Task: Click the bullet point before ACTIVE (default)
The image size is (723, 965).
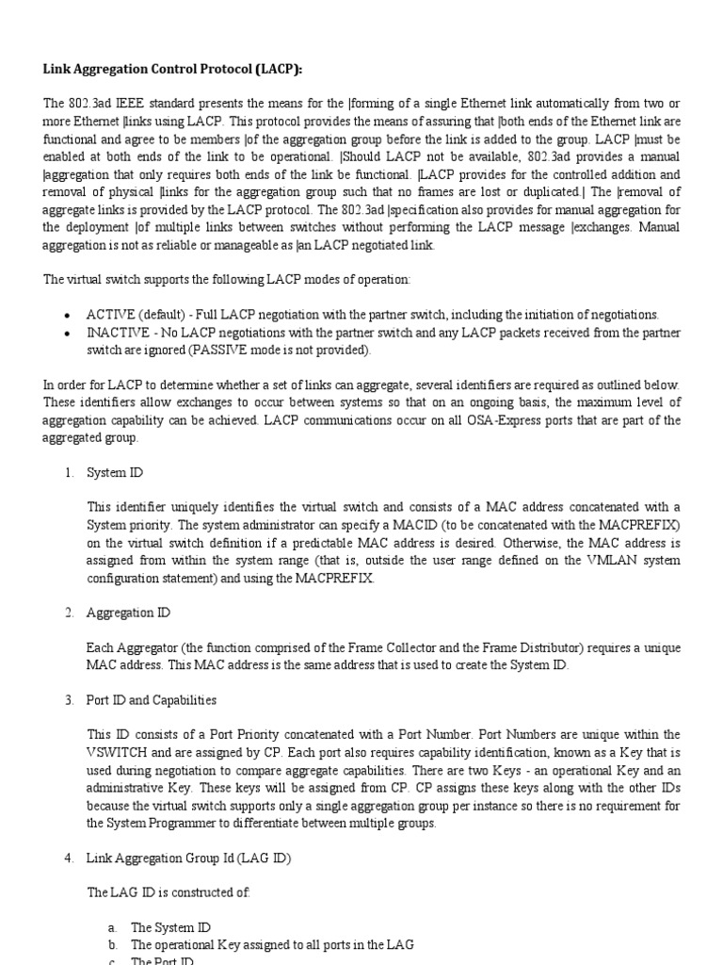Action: (x=68, y=315)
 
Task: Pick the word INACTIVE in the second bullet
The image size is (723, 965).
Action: (x=115, y=334)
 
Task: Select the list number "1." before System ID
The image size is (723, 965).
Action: (x=70, y=472)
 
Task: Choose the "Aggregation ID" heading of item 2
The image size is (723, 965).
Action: (x=128, y=613)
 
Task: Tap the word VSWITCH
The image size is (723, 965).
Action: (x=118, y=753)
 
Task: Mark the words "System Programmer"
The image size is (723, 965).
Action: (x=178, y=824)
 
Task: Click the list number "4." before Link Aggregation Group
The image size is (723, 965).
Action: (x=70, y=858)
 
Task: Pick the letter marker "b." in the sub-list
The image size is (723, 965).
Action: (x=112, y=944)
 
